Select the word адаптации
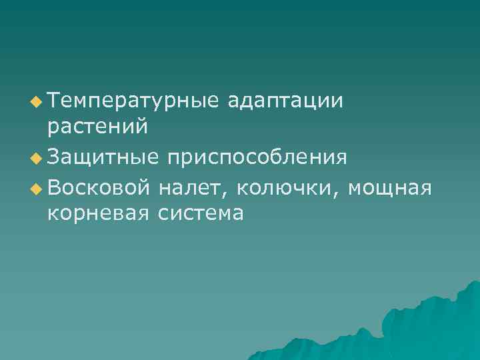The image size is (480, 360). (285, 102)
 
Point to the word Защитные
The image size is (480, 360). (103, 157)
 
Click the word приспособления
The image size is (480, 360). (257, 157)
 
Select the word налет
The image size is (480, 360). (191, 188)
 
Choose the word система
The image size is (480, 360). (201, 213)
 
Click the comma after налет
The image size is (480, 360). (226, 194)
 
